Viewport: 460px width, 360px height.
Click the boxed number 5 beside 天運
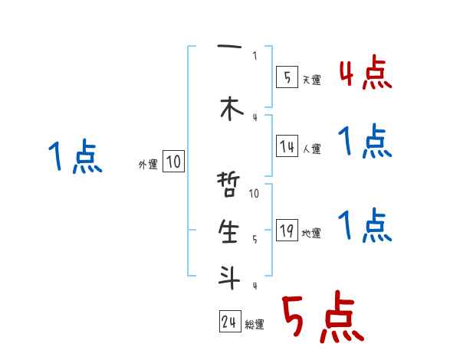(x=286, y=77)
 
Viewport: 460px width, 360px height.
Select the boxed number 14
(x=287, y=146)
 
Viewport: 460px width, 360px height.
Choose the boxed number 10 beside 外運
(x=173, y=162)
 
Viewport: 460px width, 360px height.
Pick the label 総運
(x=255, y=325)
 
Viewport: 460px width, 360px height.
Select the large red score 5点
(x=322, y=319)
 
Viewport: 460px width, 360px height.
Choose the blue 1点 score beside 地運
(x=365, y=225)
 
